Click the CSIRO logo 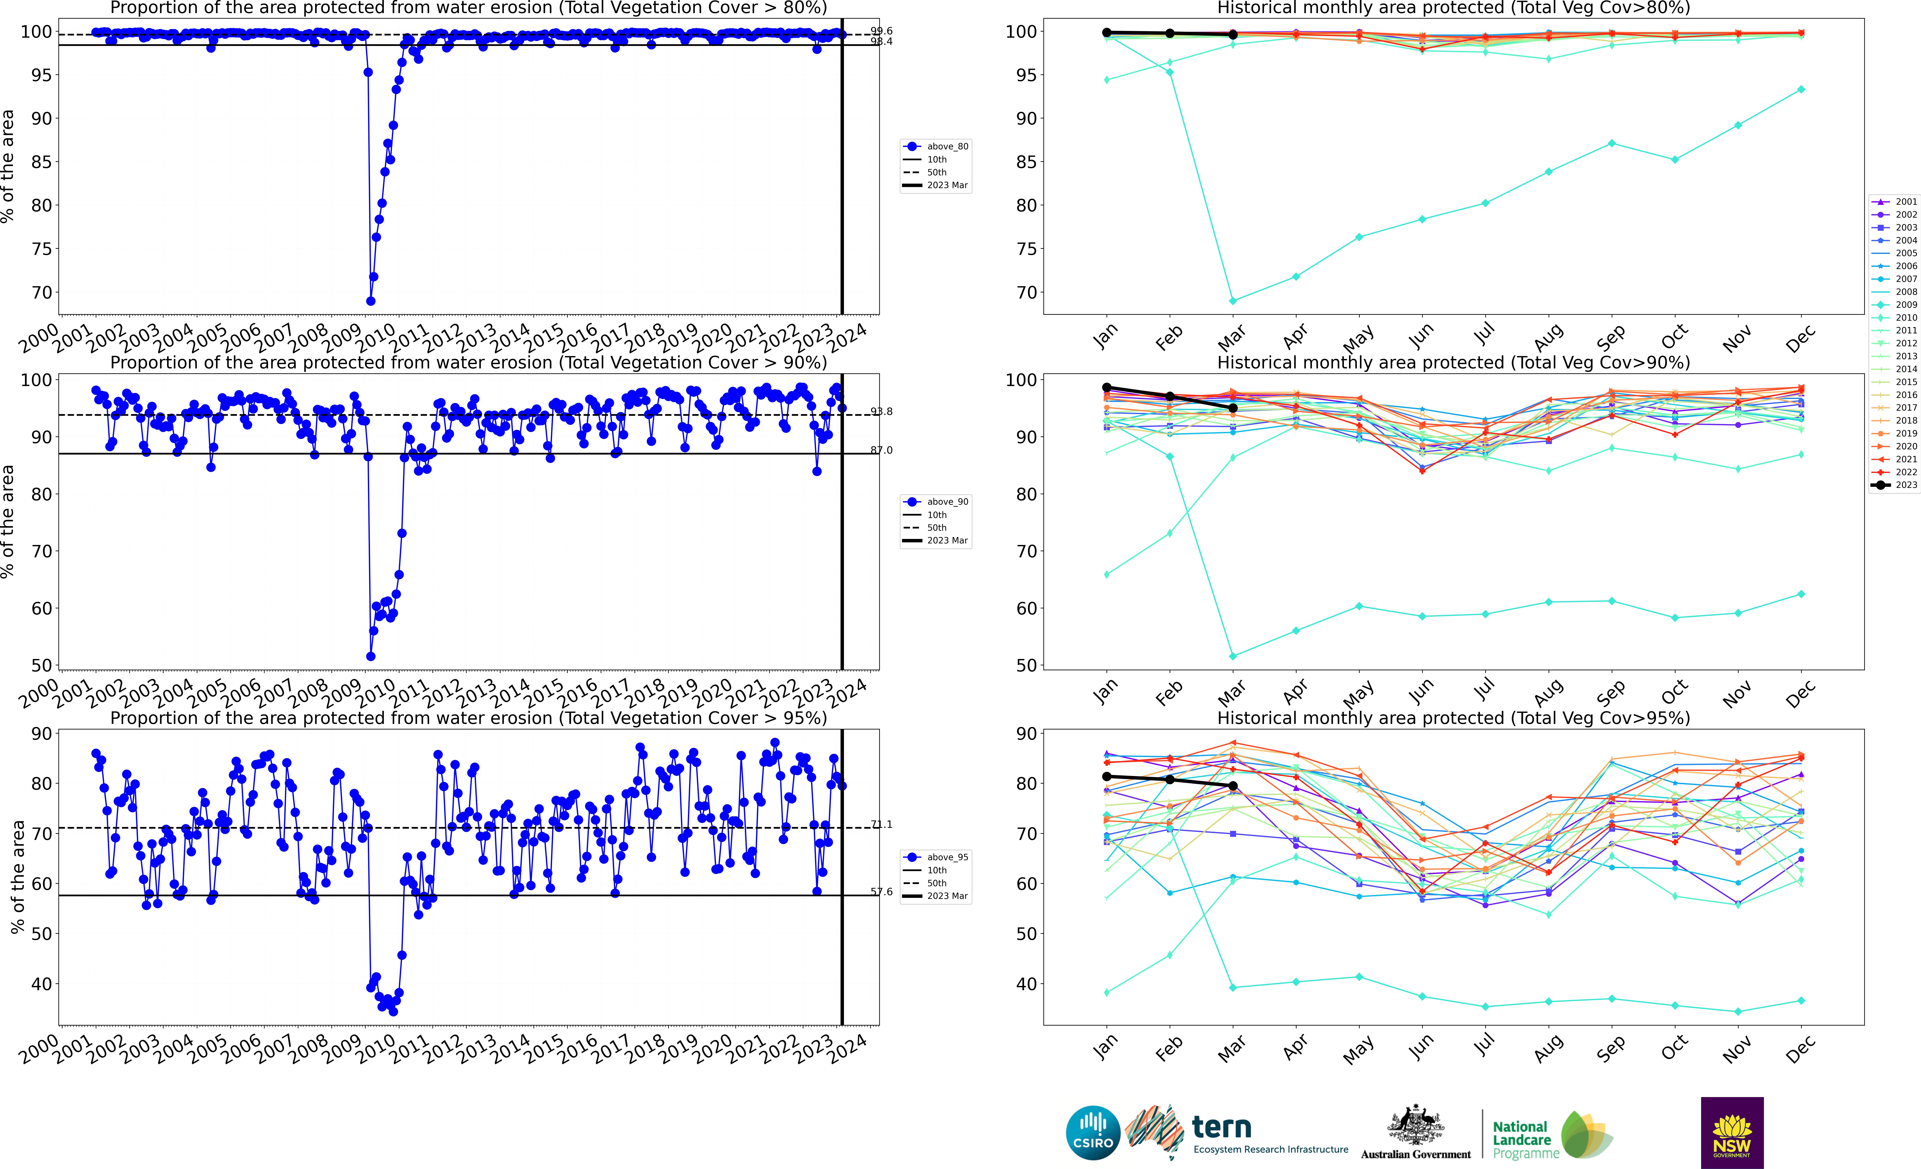point(1092,1132)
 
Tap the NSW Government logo point(1732,1132)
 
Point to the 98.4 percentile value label point(882,42)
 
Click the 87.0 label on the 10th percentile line point(882,450)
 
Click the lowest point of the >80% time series point(370,301)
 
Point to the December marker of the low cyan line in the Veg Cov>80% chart point(1801,90)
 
